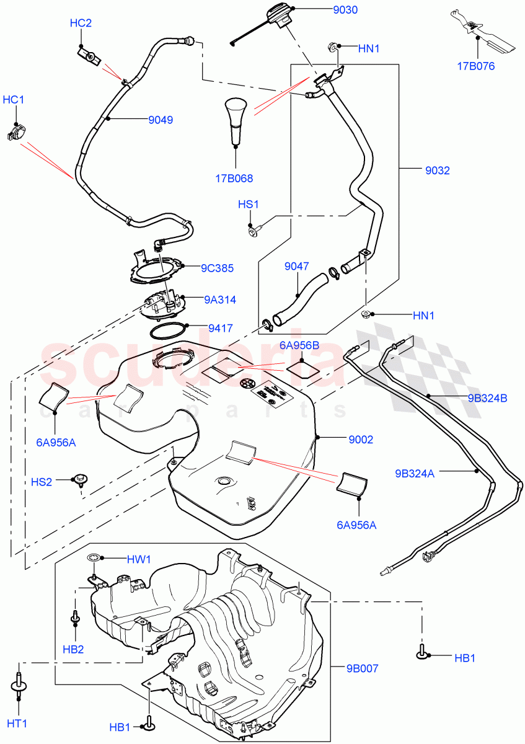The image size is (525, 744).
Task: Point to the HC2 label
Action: (x=81, y=24)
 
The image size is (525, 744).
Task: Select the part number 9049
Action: (x=161, y=120)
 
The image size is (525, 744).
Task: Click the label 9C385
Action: (x=216, y=268)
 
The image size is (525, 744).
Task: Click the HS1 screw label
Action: (x=249, y=205)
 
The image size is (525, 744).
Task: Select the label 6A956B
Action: (x=299, y=345)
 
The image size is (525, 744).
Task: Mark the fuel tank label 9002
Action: (x=361, y=440)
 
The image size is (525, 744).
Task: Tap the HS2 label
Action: (x=43, y=482)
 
